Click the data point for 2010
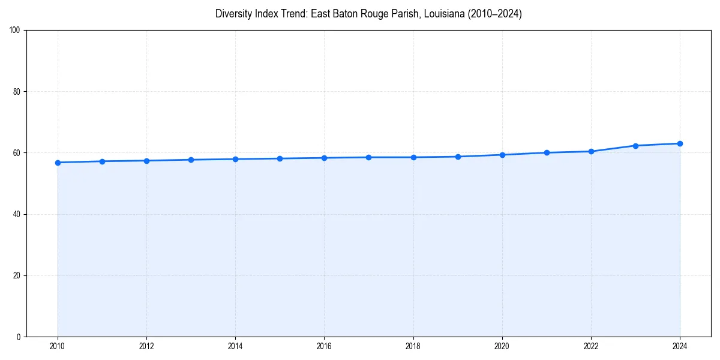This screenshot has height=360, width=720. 58,163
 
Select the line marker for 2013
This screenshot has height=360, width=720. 191,160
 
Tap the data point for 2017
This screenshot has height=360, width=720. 368,157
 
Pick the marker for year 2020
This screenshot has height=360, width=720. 502,155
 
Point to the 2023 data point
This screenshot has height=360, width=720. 635,146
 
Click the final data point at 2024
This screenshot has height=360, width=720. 680,143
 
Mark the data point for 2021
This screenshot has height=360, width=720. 547,152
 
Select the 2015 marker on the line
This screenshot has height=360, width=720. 280,158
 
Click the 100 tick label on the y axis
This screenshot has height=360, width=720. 16,31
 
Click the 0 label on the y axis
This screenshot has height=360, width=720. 19,337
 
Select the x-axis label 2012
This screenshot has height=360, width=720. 146,346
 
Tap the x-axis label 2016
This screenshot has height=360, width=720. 324,346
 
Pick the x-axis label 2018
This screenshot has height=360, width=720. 413,346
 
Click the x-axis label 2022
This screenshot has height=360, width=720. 591,346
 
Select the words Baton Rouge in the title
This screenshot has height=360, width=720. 358,14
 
